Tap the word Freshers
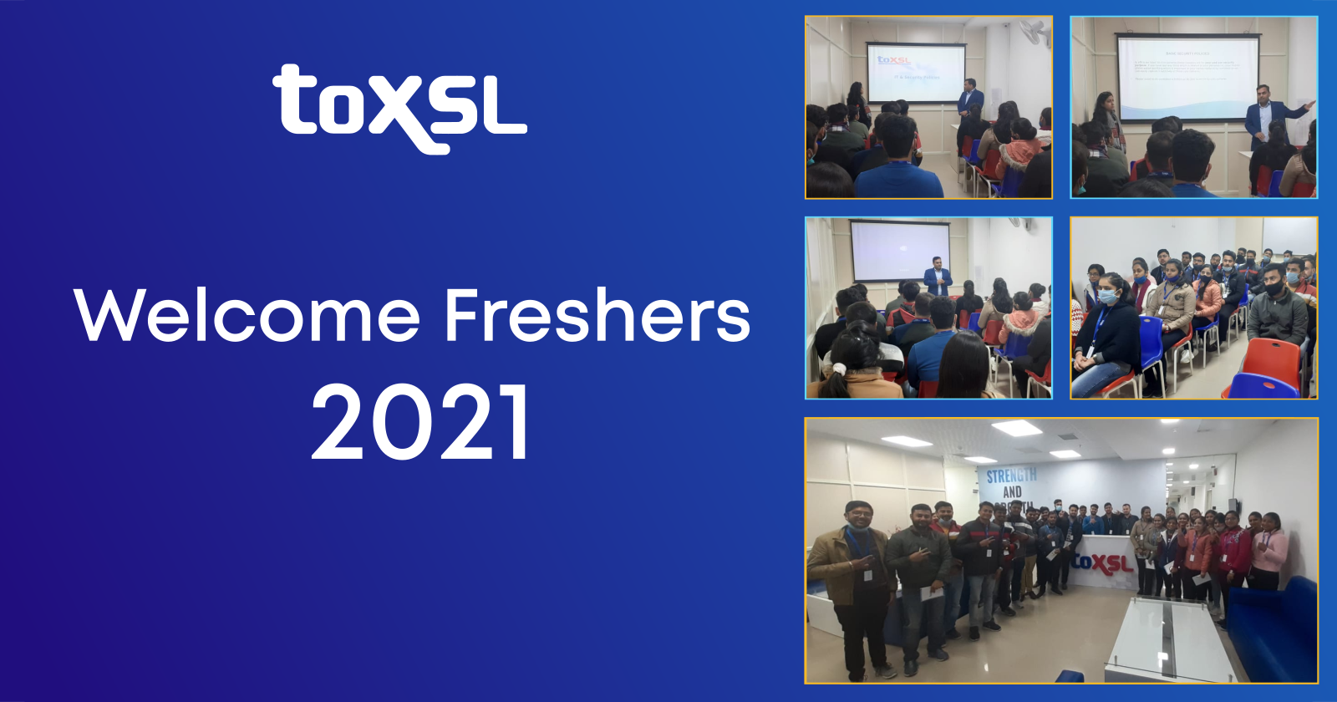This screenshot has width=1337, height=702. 597,316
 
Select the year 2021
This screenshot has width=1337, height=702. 420,422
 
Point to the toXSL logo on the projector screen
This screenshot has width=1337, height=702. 893,60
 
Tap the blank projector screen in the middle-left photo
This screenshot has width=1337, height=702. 899,249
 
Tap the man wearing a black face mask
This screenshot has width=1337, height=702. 1276,305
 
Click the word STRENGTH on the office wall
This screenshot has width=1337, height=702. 1011,476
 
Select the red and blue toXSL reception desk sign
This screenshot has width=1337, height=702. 1104,562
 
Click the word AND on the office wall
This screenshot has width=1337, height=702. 1012,493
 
